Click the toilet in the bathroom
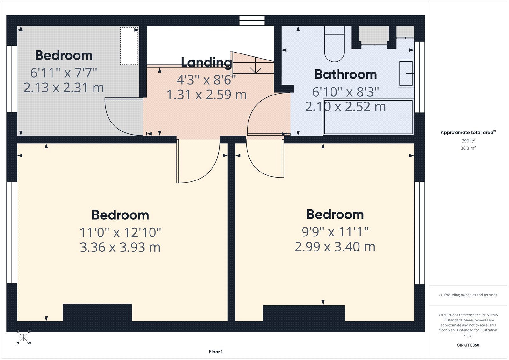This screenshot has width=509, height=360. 334,45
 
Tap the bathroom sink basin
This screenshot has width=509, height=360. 406,74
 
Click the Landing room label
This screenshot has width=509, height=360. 206,62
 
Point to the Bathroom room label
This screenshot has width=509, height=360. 345,74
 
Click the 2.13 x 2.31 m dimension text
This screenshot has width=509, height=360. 64,88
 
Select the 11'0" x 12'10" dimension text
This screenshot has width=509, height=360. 120,232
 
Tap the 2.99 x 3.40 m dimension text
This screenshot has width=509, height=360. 335,247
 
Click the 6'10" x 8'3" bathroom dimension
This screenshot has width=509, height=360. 345,92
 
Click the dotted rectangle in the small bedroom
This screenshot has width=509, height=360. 129,46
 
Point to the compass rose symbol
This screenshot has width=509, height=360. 23,337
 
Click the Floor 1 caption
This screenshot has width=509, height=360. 216,352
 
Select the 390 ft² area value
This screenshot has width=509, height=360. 468,141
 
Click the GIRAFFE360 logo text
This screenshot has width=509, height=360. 468,345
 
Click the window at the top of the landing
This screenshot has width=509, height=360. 252,21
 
